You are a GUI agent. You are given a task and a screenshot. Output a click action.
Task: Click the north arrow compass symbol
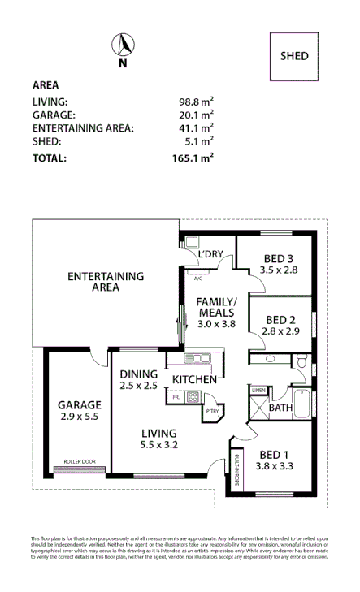(x=123, y=48)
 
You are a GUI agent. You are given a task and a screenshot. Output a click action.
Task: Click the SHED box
(x=294, y=56)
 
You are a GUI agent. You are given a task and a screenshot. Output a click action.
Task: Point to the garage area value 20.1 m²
(x=196, y=115)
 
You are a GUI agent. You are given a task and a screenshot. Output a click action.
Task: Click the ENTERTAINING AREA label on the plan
(x=106, y=281)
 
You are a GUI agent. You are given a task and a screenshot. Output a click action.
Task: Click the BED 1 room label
(x=274, y=454)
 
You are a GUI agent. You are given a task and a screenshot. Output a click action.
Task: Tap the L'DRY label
(x=210, y=255)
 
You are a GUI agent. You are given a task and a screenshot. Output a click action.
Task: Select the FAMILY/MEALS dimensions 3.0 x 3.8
(x=215, y=323)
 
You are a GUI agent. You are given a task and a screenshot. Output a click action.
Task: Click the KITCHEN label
(x=193, y=379)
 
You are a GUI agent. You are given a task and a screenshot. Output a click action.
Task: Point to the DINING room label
(x=139, y=374)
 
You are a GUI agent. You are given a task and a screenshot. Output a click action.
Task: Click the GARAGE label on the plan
(x=79, y=404)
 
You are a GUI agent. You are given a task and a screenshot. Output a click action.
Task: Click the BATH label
(x=280, y=408)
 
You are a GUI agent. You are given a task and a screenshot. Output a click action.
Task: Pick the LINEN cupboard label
(x=258, y=391)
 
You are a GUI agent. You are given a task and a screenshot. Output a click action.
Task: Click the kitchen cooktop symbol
(x=193, y=397)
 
